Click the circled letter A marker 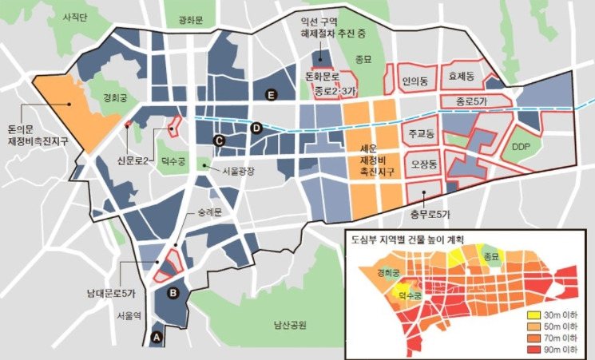[157, 338]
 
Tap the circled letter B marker [173, 293]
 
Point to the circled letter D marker [256, 128]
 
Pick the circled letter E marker [271, 96]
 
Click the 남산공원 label [290, 325]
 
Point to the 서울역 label [129, 315]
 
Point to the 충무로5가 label [430, 214]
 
